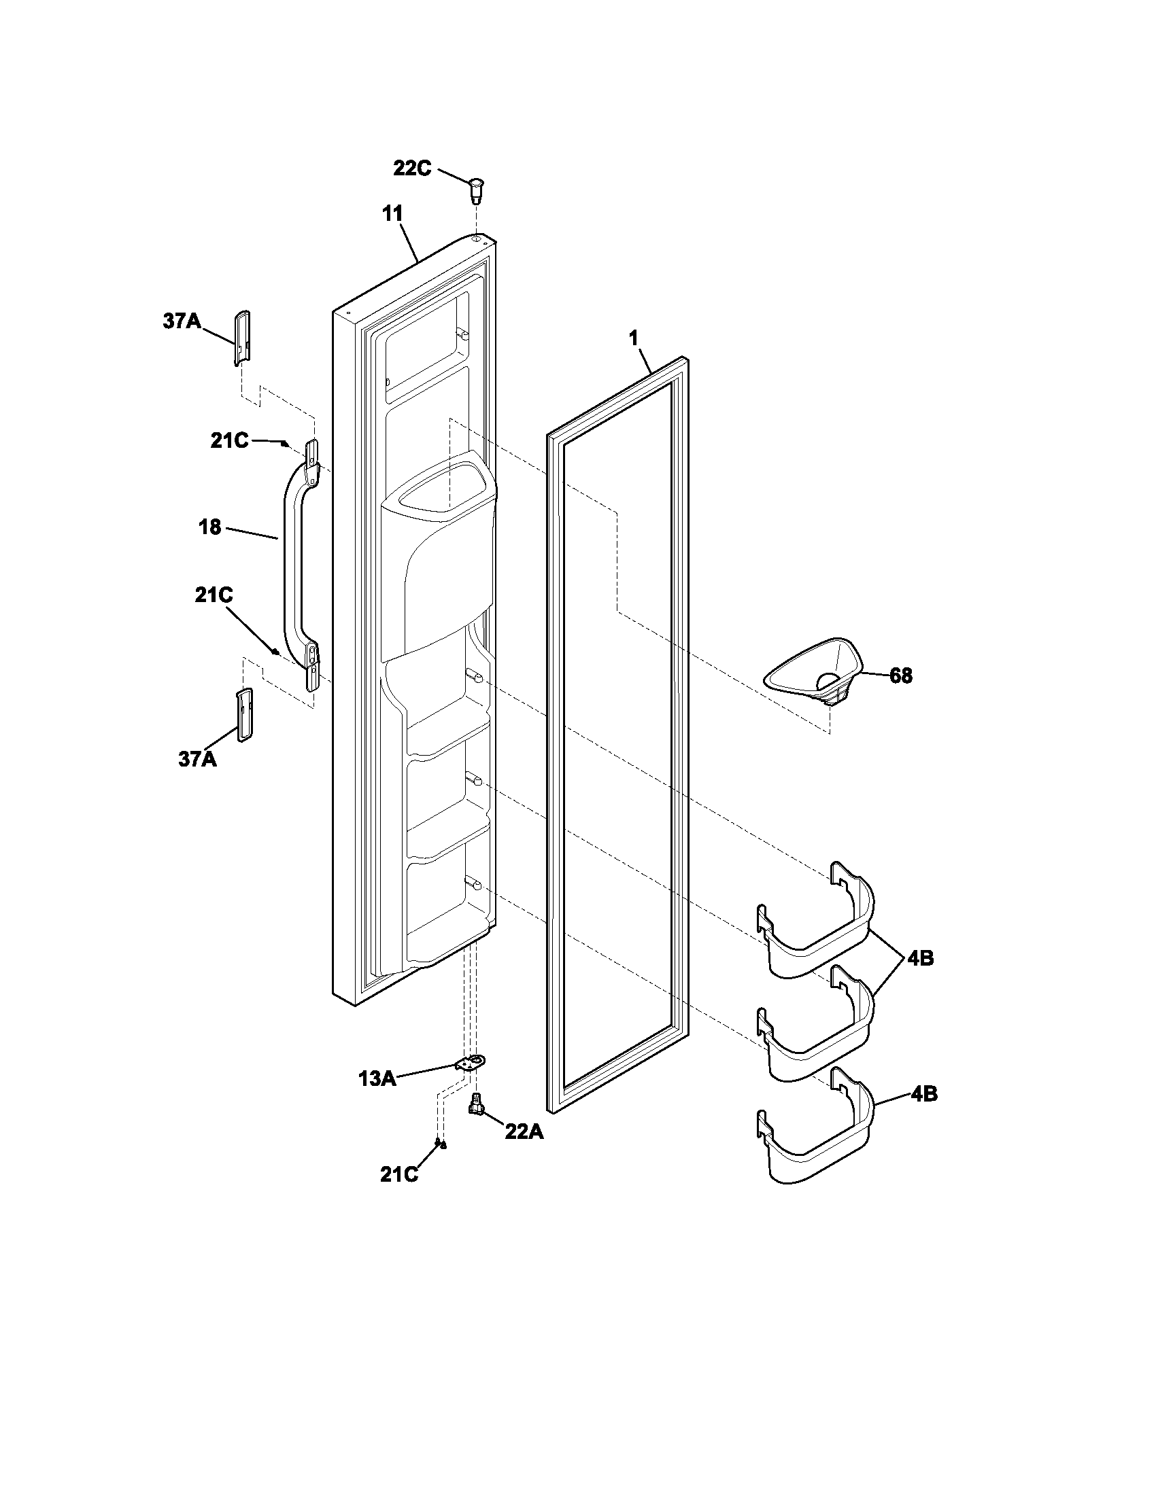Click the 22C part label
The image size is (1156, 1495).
(411, 168)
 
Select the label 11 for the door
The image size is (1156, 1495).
(392, 213)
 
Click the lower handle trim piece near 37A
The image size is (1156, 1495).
(244, 715)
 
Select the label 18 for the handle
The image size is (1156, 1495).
(210, 527)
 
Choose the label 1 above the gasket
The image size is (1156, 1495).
(633, 338)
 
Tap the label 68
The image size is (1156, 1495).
(900, 675)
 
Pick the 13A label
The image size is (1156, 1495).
(377, 1080)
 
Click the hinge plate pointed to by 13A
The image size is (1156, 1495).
(471, 1063)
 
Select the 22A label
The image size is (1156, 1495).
(524, 1132)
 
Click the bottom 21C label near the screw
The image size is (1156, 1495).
(398, 1175)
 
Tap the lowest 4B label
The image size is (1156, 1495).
(924, 1094)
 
